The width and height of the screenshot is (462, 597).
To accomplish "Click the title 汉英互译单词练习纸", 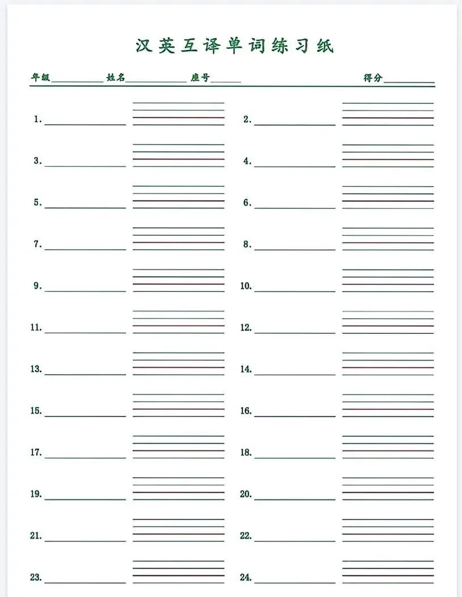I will pyautogui.click(x=234, y=46).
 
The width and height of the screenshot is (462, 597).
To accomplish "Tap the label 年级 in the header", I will pyautogui.click(x=40, y=78).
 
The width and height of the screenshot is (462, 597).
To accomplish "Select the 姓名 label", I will pyautogui.click(x=115, y=78).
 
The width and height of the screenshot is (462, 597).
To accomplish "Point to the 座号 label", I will pyautogui.click(x=200, y=78).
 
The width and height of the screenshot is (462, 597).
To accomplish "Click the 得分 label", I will pyautogui.click(x=373, y=78).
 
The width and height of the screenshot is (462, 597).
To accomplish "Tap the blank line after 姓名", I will pyautogui.click(x=156, y=83).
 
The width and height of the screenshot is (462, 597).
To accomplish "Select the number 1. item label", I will pyautogui.click(x=38, y=120).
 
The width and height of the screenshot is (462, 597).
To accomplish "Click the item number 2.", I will pyautogui.click(x=247, y=120).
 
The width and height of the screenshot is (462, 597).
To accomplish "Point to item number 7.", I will pyautogui.click(x=38, y=245).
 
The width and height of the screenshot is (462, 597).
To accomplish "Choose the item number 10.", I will pyautogui.click(x=246, y=286).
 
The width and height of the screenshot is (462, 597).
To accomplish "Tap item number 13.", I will pyautogui.click(x=36, y=369).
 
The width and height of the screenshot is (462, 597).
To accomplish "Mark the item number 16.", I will pyautogui.click(x=246, y=411).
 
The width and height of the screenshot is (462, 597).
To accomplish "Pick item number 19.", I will pyautogui.click(x=36, y=494).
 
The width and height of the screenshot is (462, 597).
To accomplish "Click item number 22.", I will pyautogui.click(x=246, y=536).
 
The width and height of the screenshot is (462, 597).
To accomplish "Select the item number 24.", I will pyautogui.click(x=246, y=578).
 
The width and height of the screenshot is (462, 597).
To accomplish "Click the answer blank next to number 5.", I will pyautogui.click(x=85, y=207).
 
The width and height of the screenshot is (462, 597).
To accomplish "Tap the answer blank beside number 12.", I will pyautogui.click(x=295, y=332).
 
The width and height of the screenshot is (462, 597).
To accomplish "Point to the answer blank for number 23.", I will pyautogui.click(x=85, y=582).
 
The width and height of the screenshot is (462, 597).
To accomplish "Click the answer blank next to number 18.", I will pyautogui.click(x=295, y=457).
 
